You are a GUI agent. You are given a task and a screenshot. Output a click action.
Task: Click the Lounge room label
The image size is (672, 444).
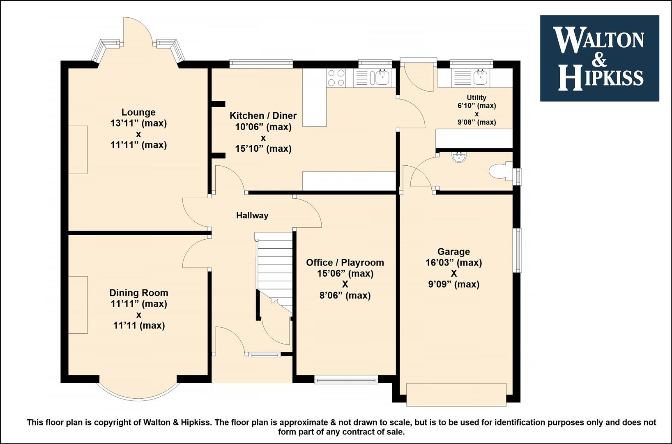coord(138,112)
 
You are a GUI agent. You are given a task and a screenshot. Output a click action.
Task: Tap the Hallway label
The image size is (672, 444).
coord(252,215)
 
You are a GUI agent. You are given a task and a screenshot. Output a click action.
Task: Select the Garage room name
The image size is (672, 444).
coord(453,252)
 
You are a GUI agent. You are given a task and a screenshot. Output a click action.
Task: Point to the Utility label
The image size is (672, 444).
coord(476,97)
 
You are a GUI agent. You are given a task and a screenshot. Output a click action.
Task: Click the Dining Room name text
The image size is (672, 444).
coord(138,293)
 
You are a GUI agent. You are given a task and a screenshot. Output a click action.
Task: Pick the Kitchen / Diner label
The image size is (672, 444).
coord(263,116)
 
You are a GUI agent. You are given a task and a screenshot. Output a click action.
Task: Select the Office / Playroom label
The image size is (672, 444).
coord(345,263)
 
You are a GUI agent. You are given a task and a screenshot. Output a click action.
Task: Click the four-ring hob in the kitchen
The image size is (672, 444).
coord(336,78)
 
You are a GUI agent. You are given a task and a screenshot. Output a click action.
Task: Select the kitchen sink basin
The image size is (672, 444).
coord(382,78)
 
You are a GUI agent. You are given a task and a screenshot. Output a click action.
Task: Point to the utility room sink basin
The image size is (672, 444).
coord(481,77)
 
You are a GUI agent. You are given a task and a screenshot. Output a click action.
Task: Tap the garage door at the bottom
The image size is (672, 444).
coord(456,395)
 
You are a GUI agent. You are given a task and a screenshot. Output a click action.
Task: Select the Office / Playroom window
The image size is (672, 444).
coord(346,379)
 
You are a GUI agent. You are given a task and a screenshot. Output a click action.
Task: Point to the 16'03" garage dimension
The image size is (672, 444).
coord(453,263)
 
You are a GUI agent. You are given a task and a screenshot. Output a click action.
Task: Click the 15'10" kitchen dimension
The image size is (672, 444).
coord(263,148)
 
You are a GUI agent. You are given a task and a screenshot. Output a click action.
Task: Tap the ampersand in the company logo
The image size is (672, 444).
coord(599,60)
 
